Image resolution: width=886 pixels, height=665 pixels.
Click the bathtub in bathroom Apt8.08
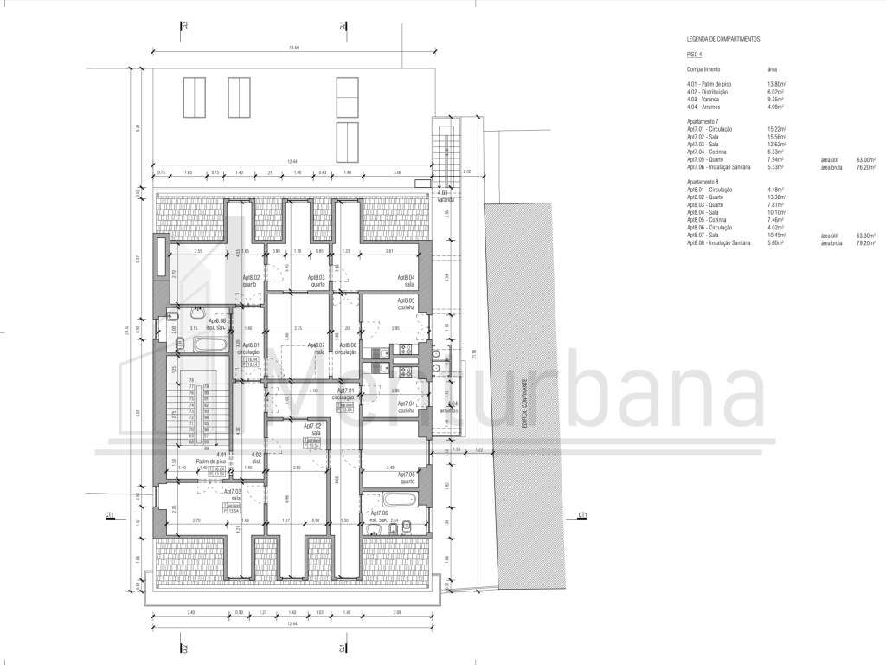pyautogui.click(x=207, y=345)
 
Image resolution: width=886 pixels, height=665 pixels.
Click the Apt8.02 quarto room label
pyautogui.click(x=249, y=281)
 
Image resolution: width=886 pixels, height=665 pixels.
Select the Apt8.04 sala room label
pyautogui.click(x=406, y=281)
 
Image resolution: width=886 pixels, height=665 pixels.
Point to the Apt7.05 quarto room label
pyautogui.click(x=406, y=477)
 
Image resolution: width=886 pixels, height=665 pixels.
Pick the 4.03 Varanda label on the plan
pyautogui.click(x=445, y=196)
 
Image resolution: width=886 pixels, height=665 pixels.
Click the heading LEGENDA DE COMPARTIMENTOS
pyautogui.click(x=723, y=40)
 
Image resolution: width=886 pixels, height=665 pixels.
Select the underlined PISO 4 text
pyautogui.click(x=695, y=54)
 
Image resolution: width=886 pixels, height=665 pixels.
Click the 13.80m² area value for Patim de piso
pyautogui.click(x=776, y=84)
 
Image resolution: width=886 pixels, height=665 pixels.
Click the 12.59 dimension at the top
pyautogui.click(x=293, y=47)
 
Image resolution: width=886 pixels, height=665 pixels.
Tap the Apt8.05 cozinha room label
pyautogui.click(x=406, y=303)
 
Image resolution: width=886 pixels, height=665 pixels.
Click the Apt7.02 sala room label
pyautogui.click(x=312, y=429)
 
